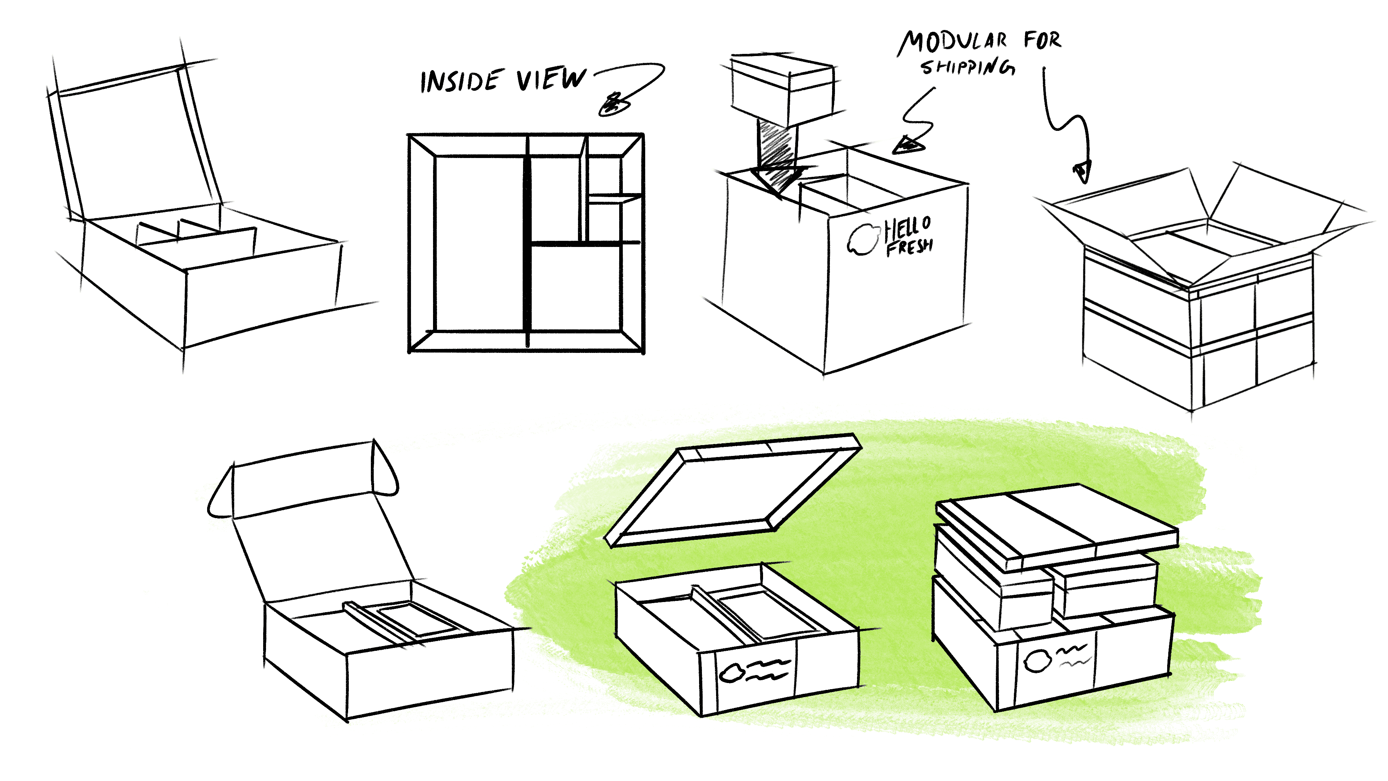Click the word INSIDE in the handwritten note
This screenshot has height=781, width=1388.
tap(461, 81)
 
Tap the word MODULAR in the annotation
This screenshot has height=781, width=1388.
tap(953, 42)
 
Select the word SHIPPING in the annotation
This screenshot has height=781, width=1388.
tap(967, 67)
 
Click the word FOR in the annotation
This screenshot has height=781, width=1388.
tap(1042, 40)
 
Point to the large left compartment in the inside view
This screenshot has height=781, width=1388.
tap(479, 243)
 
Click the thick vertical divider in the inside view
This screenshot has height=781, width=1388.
tap(527, 243)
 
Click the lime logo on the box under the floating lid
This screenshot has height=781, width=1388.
tap(731, 673)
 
